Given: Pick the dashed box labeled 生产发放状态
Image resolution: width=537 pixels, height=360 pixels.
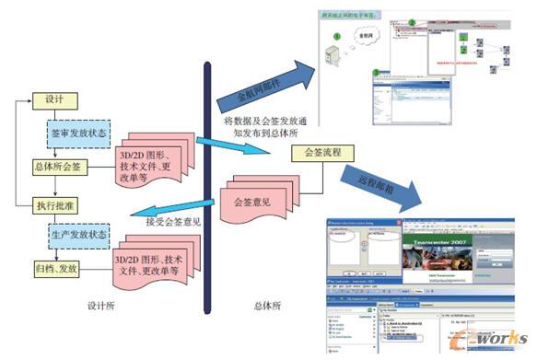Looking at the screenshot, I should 78,235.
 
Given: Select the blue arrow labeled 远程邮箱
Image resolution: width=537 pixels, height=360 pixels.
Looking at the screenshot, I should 378,184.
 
